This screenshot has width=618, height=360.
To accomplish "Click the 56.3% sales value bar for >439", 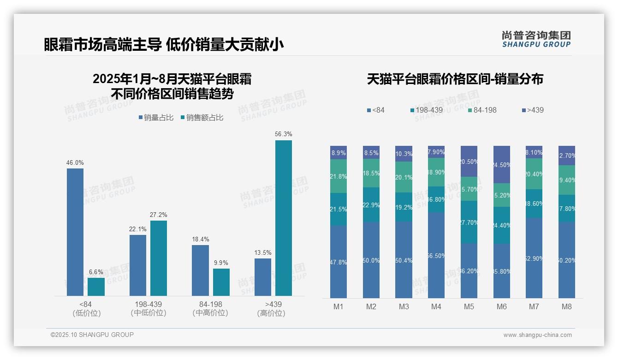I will pos(284,218).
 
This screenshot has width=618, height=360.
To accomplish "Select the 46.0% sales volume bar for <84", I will pos(75,232).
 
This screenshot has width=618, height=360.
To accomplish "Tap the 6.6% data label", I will pos(96,272).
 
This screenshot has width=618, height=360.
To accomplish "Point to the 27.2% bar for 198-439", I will pos(159,258).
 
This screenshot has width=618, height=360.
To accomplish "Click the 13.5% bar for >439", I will pos(263,277).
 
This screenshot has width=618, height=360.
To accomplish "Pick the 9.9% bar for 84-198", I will pos(221,282).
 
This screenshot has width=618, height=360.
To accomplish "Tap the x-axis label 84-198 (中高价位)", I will pos(210,309).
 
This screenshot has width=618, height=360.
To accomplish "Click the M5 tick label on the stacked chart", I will pos(469,307).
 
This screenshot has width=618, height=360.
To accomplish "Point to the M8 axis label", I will pos(567,307).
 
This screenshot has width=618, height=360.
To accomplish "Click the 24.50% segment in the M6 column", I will pos(502,164).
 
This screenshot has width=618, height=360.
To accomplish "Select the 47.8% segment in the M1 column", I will pos(339,262).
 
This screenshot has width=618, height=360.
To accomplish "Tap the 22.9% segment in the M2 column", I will pos(371,205).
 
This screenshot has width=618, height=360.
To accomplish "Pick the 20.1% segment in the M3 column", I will pos(404,177).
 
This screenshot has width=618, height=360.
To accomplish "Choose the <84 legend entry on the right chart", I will pos(375,110).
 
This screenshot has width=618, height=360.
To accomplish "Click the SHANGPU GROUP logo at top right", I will pos(536,39).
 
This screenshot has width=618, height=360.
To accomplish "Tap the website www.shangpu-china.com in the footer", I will pos(537,335).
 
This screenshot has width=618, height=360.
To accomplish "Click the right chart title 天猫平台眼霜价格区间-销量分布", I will pos(455,79).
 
